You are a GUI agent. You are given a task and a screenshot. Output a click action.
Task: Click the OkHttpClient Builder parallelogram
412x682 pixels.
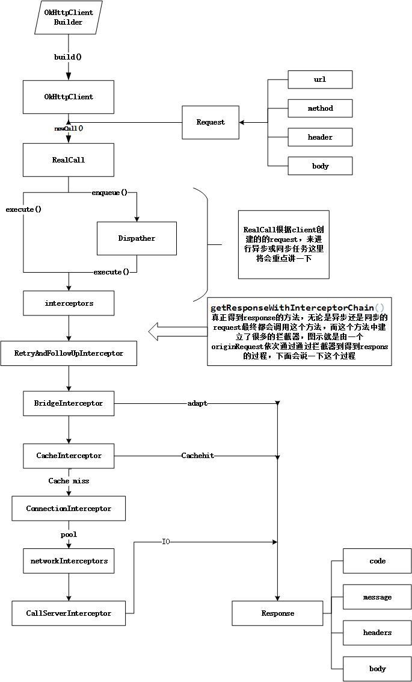(69, 17)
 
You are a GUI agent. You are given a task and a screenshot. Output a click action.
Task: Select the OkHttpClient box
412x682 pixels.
(69, 97)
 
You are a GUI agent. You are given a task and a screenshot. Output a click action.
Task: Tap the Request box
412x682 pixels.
(211, 122)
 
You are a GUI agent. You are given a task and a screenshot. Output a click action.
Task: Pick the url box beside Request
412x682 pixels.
(320, 79)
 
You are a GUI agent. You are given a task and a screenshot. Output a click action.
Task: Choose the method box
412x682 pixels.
(320, 108)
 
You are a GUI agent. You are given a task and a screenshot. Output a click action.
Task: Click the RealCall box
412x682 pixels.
(69, 160)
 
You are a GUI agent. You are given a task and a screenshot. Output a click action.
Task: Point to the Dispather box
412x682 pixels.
(137, 238)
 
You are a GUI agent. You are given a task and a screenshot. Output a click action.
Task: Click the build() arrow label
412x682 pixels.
(68, 57)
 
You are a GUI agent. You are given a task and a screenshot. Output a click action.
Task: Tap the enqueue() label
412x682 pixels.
(109, 193)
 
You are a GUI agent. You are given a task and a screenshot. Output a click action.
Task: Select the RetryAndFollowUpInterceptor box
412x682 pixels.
(69, 353)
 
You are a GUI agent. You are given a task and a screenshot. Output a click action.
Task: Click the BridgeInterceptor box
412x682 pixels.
(69, 403)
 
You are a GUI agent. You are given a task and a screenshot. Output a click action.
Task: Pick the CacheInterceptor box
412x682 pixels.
(69, 456)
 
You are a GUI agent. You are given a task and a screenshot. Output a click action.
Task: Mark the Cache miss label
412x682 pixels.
(69, 481)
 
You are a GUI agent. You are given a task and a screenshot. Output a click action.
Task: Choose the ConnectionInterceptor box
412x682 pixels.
(69, 509)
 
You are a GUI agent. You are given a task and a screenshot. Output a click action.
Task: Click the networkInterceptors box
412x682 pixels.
(69, 561)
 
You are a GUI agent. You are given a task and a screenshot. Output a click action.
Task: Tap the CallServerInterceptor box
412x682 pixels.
(69, 613)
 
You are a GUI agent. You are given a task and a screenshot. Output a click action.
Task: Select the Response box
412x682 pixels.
(277, 613)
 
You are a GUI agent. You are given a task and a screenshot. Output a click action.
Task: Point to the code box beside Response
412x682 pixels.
(377, 561)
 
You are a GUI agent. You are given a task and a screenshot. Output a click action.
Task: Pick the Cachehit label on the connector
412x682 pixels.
(197, 456)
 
